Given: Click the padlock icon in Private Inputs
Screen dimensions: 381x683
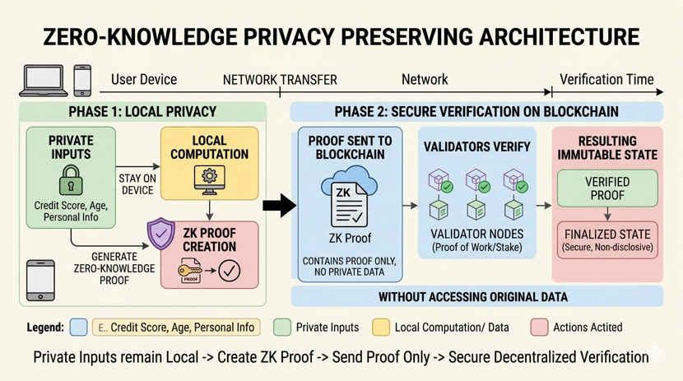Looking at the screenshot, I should point(71,180).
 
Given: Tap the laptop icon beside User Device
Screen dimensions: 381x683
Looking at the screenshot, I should point(44,81).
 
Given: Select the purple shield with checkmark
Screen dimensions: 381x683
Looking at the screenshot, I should point(160,235).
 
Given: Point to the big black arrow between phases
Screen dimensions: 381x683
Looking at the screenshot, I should point(280,205).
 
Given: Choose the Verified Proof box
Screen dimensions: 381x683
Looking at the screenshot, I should point(607,188).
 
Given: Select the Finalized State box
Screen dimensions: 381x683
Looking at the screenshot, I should point(607,239).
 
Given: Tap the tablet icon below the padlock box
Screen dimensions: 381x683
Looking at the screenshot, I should point(40,280).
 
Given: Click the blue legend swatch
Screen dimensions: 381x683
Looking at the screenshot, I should point(79,327).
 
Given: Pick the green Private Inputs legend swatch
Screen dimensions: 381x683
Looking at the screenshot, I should point(282,327).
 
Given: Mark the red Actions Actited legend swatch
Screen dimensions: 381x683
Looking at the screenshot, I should point(540,327).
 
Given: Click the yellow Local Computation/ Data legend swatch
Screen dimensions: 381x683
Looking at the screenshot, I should point(381,327).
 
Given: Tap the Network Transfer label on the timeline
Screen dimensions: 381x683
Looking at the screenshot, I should point(280,81).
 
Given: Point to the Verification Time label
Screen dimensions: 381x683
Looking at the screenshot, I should point(606,80).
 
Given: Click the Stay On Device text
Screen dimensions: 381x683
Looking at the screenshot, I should point(137,184).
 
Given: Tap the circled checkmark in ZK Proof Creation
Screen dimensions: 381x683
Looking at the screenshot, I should point(229,270).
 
